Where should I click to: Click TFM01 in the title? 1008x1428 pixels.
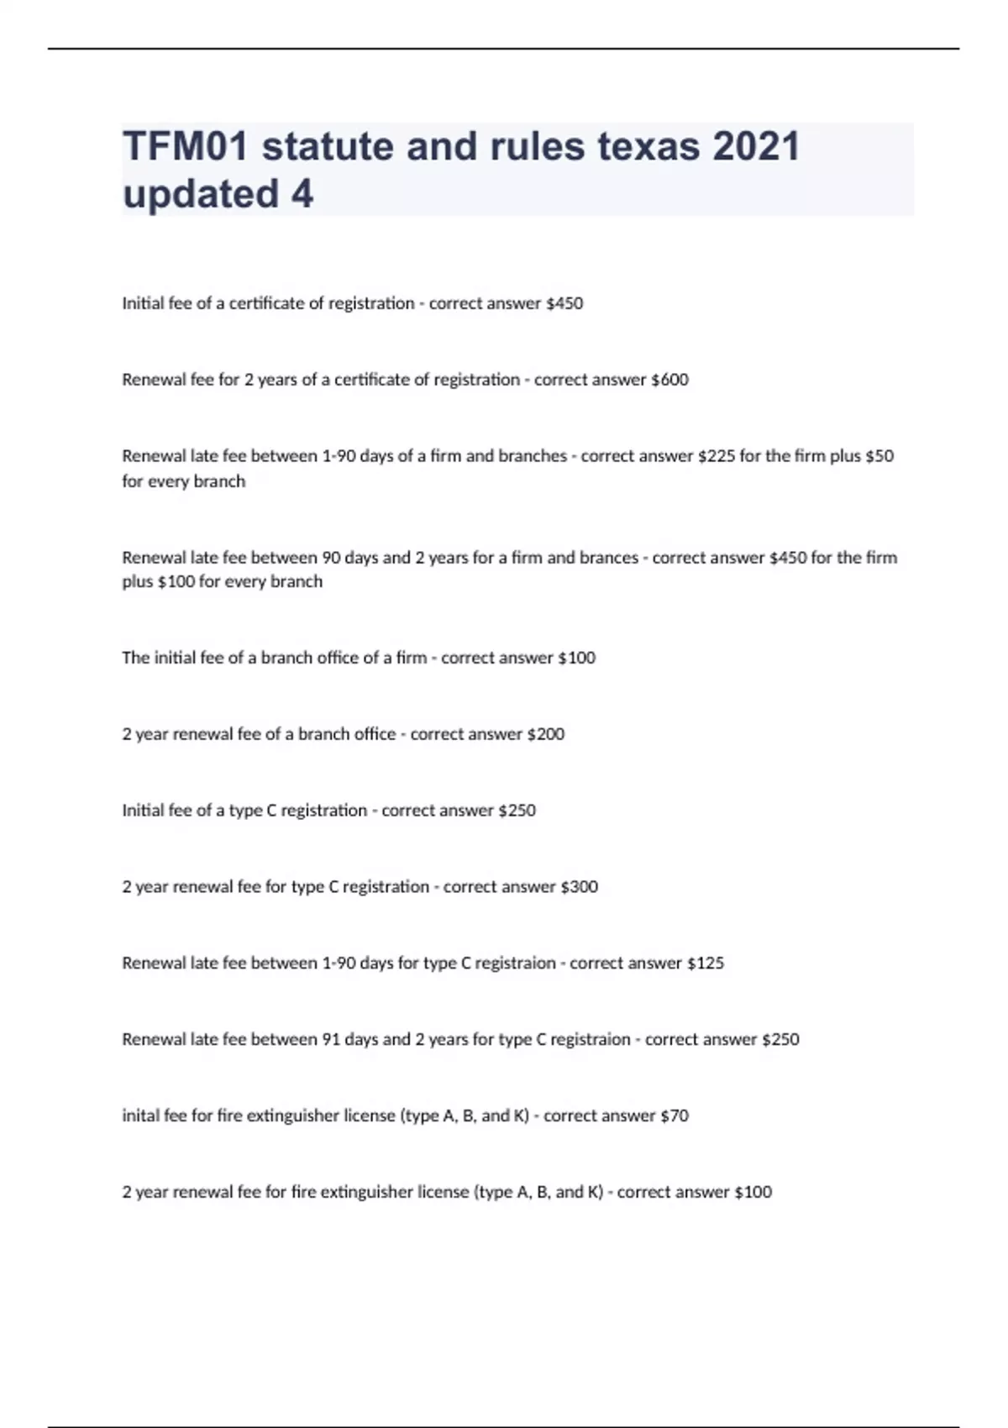(x=186, y=146)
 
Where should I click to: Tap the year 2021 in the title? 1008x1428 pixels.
(x=756, y=146)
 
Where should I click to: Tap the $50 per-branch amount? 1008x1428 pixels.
(x=879, y=456)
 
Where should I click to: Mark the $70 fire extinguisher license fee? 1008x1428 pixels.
(x=675, y=1116)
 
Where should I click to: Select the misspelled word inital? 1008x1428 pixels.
(x=139, y=1116)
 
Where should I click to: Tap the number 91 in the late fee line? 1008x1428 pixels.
(x=331, y=1040)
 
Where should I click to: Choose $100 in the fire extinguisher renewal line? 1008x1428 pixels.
(x=753, y=1192)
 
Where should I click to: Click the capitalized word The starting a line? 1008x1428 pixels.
(x=135, y=658)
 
